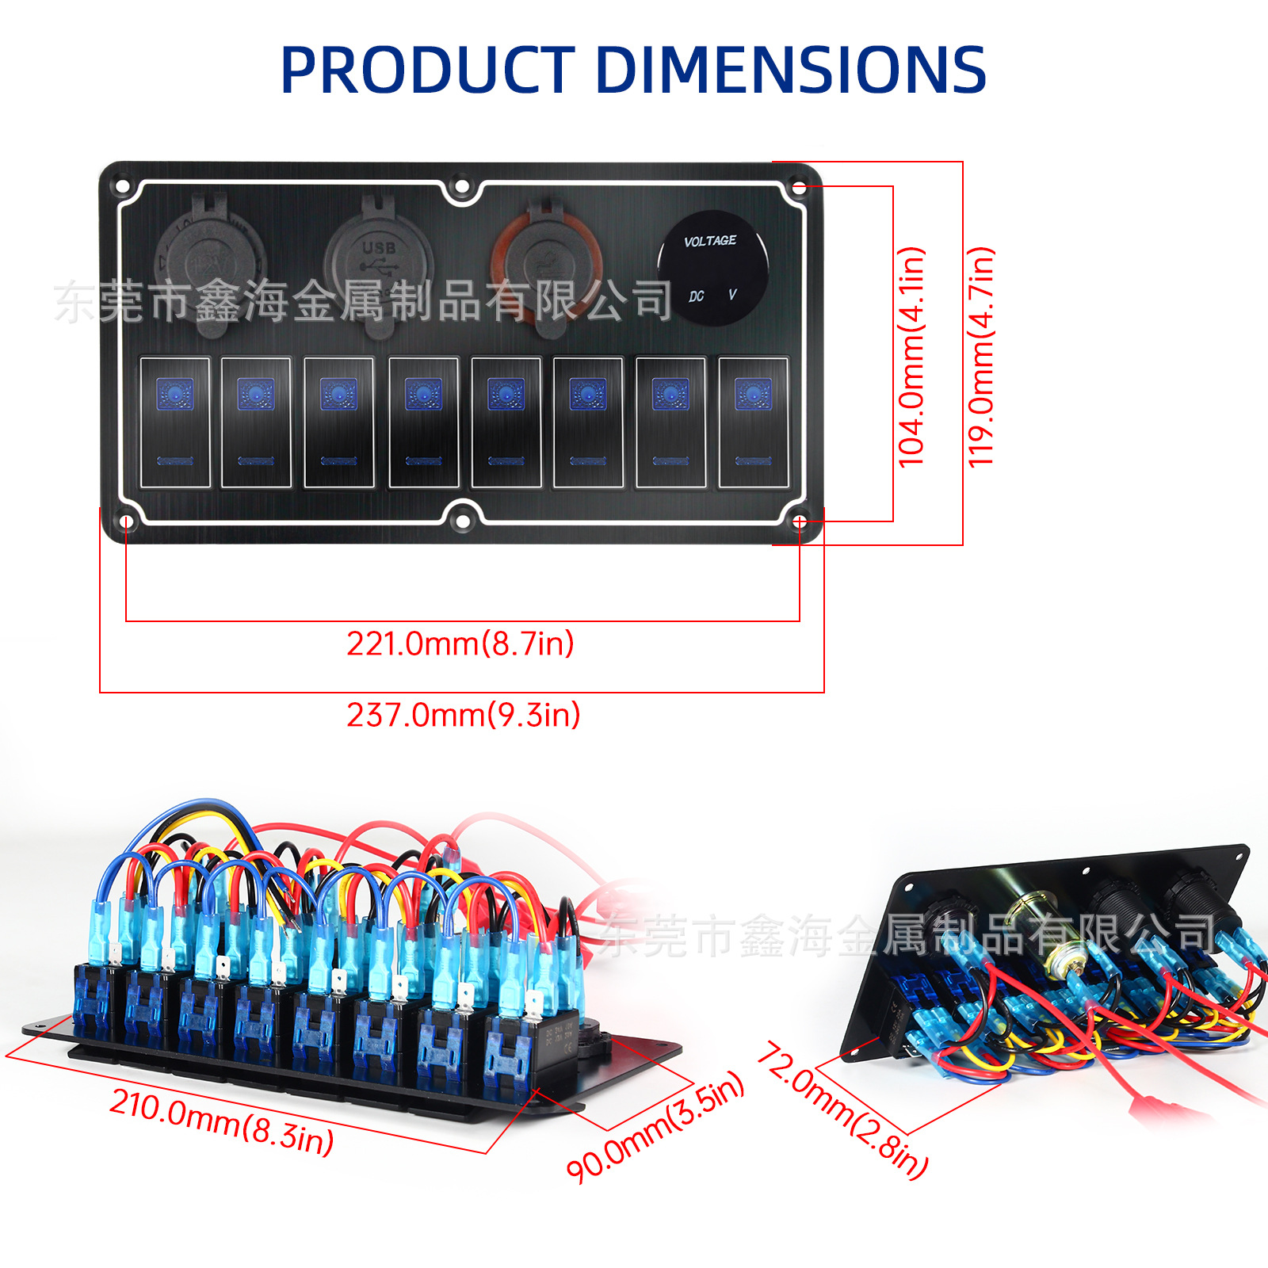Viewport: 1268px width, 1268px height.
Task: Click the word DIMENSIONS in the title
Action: (x=790, y=70)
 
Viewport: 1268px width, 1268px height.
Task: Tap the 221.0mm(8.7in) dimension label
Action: (x=460, y=644)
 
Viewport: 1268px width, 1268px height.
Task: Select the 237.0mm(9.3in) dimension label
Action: (x=464, y=715)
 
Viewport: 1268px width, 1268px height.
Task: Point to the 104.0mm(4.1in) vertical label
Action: (x=911, y=357)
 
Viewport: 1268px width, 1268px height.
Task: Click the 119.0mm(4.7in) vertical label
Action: (x=981, y=357)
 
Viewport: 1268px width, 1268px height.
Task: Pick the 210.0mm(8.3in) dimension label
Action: (x=222, y=1121)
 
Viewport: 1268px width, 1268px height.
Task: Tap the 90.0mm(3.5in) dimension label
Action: (x=655, y=1126)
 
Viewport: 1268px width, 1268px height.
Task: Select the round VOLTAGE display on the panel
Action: (x=712, y=268)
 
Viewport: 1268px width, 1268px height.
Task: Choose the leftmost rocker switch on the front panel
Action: (x=175, y=422)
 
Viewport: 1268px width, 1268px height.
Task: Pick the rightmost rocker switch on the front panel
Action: (x=754, y=422)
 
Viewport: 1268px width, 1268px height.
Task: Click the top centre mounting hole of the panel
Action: (x=460, y=187)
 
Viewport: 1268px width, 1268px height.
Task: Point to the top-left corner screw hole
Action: (x=123, y=187)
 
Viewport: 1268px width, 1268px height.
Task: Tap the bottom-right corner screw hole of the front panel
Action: (x=800, y=521)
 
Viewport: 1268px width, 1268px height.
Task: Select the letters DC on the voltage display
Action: (x=696, y=296)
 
